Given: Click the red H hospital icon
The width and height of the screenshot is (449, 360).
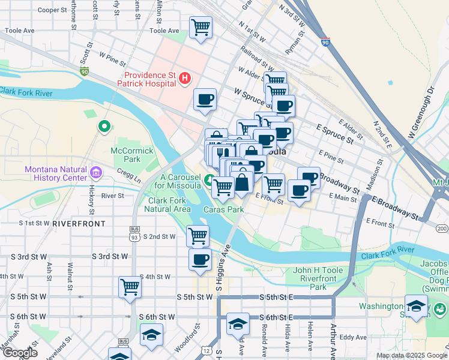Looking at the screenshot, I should (x=185, y=78).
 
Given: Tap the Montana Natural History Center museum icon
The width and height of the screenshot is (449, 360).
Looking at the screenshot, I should (x=95, y=174).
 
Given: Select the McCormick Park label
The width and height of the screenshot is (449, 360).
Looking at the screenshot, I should (x=125, y=155).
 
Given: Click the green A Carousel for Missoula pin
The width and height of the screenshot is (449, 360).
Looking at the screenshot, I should (x=209, y=179).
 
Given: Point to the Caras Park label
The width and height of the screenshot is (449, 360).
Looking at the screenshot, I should (x=223, y=210).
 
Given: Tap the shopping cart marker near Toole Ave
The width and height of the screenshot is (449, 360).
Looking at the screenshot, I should (x=200, y=27).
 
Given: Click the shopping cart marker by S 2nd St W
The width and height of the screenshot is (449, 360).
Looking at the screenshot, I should (x=197, y=236).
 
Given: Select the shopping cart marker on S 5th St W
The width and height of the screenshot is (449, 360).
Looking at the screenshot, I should (x=130, y=287).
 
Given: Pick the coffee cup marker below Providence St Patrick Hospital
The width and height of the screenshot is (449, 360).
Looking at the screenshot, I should (x=205, y=100).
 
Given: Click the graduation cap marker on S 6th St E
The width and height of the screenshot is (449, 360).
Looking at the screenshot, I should (x=238, y=325).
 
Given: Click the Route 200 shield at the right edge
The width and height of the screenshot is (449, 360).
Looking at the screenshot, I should (x=442, y=229).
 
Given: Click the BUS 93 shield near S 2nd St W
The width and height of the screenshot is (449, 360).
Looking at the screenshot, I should (x=134, y=233).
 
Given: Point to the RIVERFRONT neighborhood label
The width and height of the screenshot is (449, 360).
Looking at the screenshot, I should (x=79, y=223).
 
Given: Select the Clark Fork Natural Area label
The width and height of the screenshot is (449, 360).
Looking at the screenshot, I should (x=170, y=205).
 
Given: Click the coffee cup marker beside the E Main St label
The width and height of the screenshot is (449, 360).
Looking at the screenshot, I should (x=298, y=191).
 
